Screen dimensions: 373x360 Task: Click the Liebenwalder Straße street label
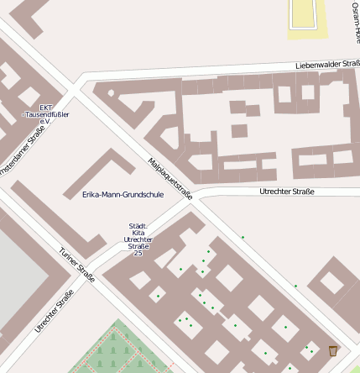pos(327,64)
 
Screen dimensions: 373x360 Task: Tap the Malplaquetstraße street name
pos(170,177)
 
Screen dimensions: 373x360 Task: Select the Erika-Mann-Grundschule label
pos(123,194)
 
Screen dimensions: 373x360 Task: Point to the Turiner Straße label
pos(76,265)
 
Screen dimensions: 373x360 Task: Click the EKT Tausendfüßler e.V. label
pos(47,114)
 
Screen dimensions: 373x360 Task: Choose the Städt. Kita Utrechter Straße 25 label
pos(138,239)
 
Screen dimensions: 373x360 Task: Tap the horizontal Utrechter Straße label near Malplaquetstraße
pos(287,192)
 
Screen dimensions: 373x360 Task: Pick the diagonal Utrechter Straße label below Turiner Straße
pos(54,311)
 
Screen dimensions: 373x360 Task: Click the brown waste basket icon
pos(333,350)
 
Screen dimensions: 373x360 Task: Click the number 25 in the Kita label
pos(138,253)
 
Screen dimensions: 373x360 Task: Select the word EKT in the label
pos(45,108)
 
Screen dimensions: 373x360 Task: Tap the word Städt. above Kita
pos(138,226)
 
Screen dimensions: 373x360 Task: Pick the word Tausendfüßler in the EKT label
pos(47,114)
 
